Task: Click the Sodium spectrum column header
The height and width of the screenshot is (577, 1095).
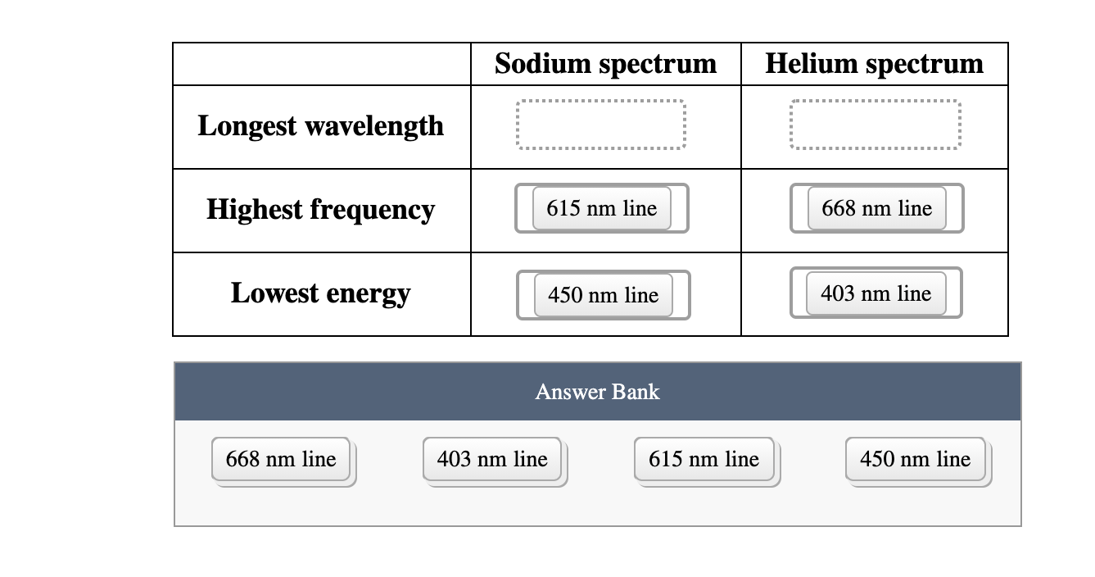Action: tap(605, 64)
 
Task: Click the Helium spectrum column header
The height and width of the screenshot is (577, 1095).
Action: tap(874, 64)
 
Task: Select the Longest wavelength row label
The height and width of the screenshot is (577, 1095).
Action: tap(321, 126)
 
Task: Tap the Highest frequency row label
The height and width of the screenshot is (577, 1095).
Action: tap(320, 209)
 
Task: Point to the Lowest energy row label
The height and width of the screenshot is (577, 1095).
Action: tap(320, 293)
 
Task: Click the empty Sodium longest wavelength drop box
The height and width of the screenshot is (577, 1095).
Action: tap(601, 125)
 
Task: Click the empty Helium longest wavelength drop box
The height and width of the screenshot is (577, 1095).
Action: tap(876, 125)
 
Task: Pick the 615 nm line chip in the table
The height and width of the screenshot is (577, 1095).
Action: tap(601, 208)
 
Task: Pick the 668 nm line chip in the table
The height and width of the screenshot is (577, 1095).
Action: tap(876, 208)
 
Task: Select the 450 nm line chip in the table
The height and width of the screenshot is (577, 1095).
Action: tap(603, 295)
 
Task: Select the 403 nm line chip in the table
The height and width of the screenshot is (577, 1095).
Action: tap(876, 293)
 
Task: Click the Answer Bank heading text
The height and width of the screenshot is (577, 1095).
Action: tap(597, 392)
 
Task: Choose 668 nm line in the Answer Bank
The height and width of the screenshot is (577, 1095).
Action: tap(281, 459)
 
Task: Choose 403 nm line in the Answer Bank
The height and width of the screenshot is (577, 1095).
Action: tap(492, 459)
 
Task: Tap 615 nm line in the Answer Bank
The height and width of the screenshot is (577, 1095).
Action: tap(704, 459)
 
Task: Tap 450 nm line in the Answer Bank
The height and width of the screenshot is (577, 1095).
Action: tap(915, 459)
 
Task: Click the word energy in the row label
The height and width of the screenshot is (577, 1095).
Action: tap(368, 293)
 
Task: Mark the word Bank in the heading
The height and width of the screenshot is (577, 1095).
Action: tap(635, 392)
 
